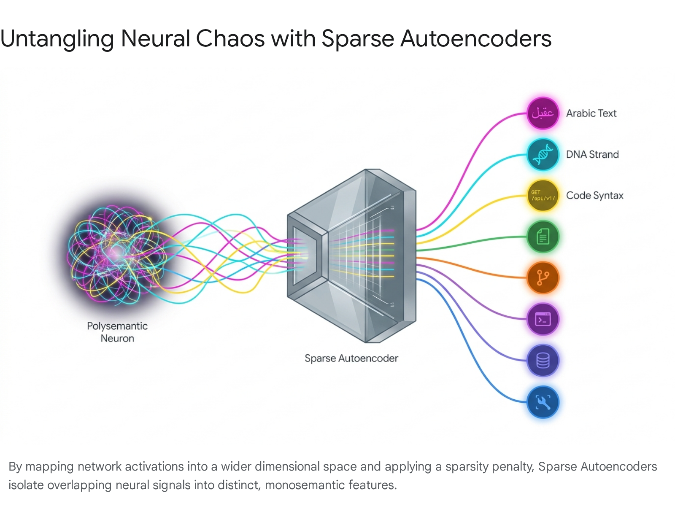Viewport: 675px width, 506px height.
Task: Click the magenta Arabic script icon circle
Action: pyautogui.click(x=543, y=113)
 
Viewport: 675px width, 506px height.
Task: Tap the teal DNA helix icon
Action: pyautogui.click(x=543, y=154)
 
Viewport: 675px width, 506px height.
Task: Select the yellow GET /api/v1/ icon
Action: pyautogui.click(x=543, y=195)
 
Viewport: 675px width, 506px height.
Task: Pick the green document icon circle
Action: pyautogui.click(x=543, y=237)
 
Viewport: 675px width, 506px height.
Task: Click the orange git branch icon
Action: pyautogui.click(x=543, y=278)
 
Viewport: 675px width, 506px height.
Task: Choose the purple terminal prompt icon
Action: pyautogui.click(x=543, y=319)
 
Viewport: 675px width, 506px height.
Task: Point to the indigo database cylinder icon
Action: pyautogui.click(x=543, y=360)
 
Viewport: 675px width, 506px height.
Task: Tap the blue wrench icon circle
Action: pyautogui.click(x=543, y=402)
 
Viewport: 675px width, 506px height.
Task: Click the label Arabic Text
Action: pyautogui.click(x=591, y=113)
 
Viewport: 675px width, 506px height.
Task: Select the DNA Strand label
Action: pyautogui.click(x=592, y=154)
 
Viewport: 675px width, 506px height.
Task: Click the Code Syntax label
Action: pyautogui.click(x=595, y=196)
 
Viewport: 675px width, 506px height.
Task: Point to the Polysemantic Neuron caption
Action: pyautogui.click(x=117, y=332)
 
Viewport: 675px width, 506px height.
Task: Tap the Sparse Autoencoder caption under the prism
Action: pyautogui.click(x=351, y=358)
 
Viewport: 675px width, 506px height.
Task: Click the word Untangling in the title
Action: pyautogui.click(x=57, y=39)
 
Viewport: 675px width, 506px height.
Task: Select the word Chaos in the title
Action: pyautogui.click(x=230, y=39)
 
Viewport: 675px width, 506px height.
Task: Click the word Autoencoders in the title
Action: pyautogui.click(x=476, y=39)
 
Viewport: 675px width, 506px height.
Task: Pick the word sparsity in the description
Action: pyautogui.click(x=467, y=467)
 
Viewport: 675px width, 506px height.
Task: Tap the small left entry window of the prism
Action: pyautogui.click(x=305, y=256)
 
